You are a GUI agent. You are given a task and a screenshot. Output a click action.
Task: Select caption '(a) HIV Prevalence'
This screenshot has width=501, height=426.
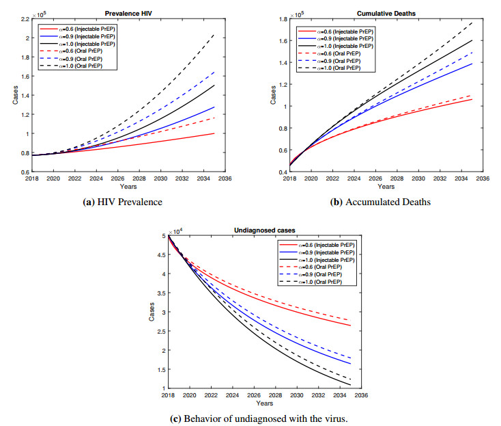click(126, 203)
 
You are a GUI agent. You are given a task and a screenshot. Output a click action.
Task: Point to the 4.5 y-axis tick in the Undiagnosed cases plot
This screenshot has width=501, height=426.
click(160, 255)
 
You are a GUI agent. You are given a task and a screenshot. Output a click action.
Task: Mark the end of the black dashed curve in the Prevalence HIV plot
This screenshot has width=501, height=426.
click(214, 34)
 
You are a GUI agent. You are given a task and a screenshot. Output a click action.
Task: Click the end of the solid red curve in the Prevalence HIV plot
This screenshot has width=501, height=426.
click(214, 133)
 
